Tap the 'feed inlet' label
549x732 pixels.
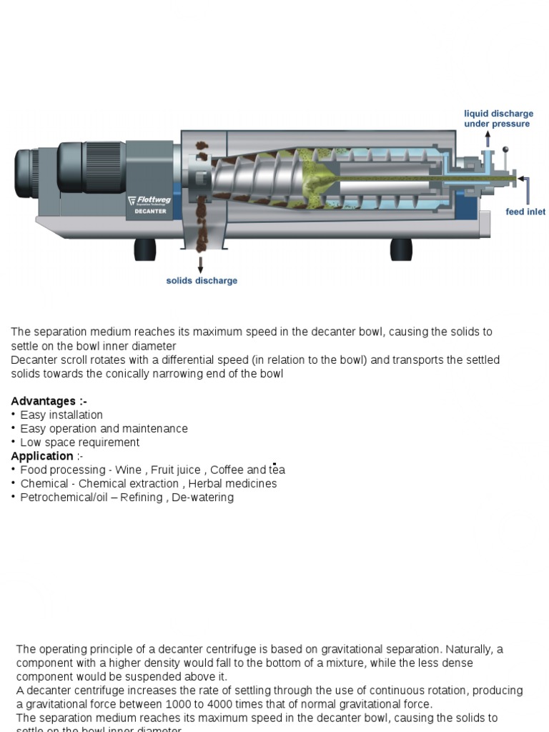(x=525, y=212)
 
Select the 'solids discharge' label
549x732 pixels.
(x=202, y=280)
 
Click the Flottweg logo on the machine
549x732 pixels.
(x=149, y=201)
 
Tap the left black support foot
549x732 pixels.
(x=145, y=249)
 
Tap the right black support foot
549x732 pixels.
(x=400, y=249)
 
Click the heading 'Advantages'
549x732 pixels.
(x=49, y=401)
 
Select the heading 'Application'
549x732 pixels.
(x=43, y=456)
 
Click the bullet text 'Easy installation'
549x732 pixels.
(x=61, y=415)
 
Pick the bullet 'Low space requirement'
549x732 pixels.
(x=79, y=442)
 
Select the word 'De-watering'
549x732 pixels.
(x=202, y=497)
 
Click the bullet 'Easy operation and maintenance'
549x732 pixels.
(x=104, y=428)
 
